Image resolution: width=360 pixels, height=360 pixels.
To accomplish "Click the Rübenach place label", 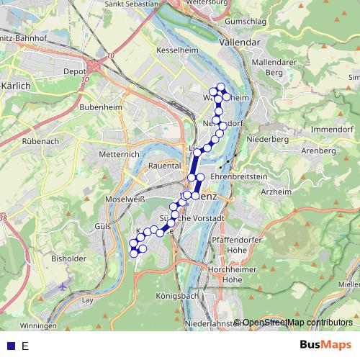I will tap(40, 141).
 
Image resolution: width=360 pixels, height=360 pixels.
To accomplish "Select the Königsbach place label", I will tap(177, 296).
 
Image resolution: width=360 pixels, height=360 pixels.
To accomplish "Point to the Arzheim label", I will tap(276, 192).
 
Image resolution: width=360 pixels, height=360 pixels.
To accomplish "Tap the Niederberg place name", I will tap(266, 138).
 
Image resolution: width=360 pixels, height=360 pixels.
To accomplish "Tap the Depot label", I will tap(75, 72).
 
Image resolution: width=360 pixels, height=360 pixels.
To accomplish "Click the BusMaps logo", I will tap(325, 345).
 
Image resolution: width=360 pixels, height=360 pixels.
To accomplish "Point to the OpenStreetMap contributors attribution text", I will tap(297, 323).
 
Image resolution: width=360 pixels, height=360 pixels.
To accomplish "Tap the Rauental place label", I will tap(164, 165).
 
